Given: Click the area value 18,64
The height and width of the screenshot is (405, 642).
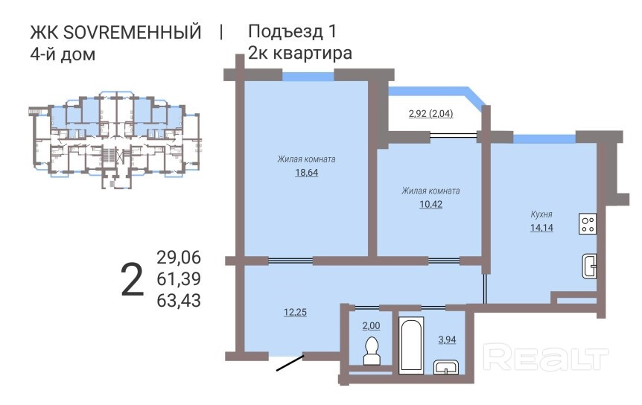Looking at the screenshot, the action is click(x=307, y=173).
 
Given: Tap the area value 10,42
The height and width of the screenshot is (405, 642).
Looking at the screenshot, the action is click(x=430, y=204).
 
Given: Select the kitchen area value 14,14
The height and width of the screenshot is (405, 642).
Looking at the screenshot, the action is click(x=541, y=228).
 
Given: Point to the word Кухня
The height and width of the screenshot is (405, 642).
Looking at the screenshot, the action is click(x=541, y=214).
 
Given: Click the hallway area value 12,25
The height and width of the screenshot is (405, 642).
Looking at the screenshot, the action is click(x=295, y=312).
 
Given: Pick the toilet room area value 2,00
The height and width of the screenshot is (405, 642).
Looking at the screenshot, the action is click(x=371, y=325).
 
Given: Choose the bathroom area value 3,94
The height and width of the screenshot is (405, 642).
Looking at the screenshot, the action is click(x=447, y=339).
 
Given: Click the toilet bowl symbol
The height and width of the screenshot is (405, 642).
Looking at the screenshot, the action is click(x=372, y=351).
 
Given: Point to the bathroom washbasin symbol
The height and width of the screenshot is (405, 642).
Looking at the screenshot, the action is click(x=446, y=367).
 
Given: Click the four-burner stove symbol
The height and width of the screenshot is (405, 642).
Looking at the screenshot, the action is click(x=588, y=224).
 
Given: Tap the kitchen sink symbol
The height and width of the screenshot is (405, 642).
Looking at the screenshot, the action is click(x=589, y=267).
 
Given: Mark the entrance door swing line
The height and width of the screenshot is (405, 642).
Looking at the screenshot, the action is click(x=290, y=363).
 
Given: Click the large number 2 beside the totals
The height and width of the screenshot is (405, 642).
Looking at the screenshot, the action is click(x=133, y=279).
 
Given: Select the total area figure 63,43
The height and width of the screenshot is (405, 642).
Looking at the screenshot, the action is click(x=179, y=301).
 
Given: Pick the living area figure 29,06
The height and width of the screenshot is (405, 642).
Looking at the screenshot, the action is click(x=179, y=258).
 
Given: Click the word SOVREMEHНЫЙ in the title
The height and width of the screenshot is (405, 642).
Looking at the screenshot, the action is click(x=133, y=32).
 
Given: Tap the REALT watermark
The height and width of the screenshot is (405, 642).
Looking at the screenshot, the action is click(x=546, y=357).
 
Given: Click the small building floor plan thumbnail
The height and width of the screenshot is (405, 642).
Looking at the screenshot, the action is click(x=115, y=139).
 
